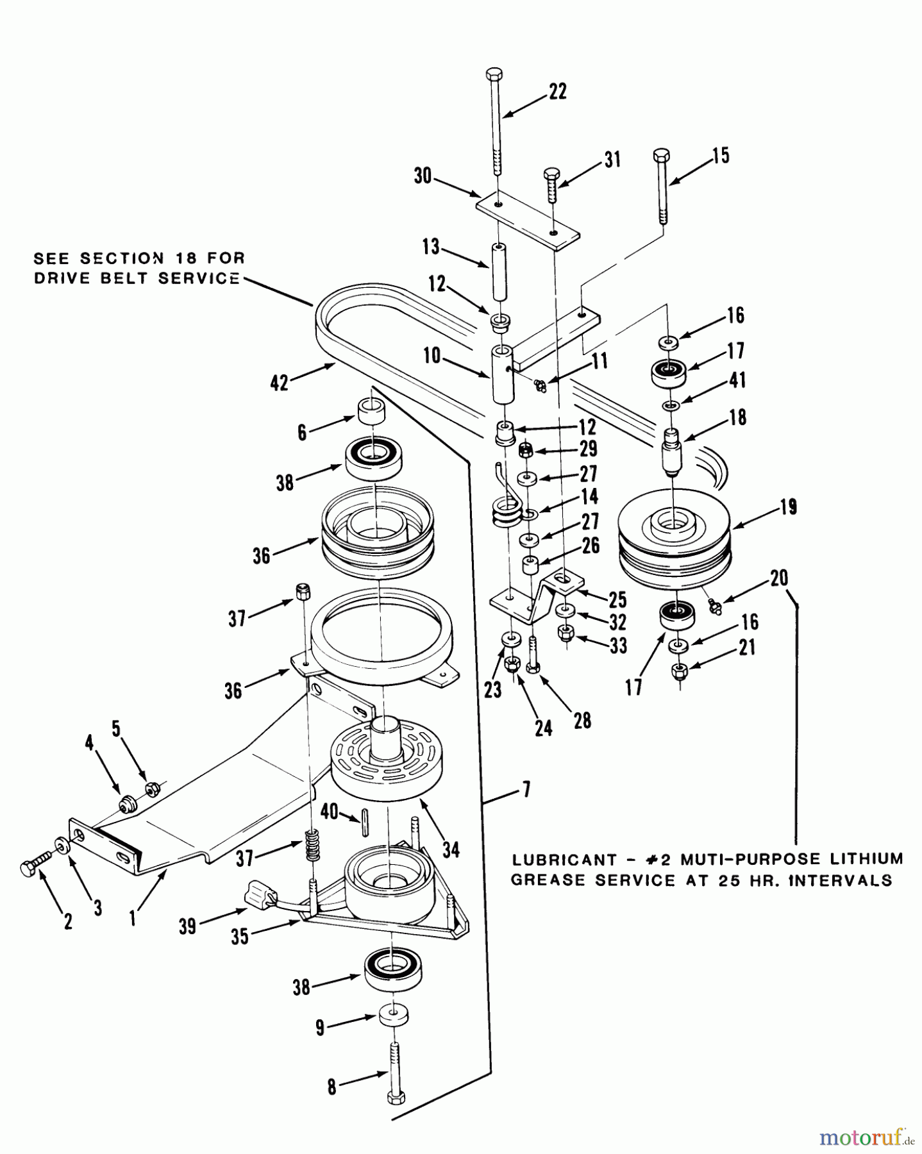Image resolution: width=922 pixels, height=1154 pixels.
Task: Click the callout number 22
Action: [557, 92]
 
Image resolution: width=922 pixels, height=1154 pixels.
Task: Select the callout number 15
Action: [720, 156]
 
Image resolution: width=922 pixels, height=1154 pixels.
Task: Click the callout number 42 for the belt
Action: [280, 383]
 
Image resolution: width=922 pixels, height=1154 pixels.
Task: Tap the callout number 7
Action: [526, 790]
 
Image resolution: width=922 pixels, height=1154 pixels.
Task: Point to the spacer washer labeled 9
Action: [395, 1016]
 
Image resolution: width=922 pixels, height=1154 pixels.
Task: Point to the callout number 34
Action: [451, 850]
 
